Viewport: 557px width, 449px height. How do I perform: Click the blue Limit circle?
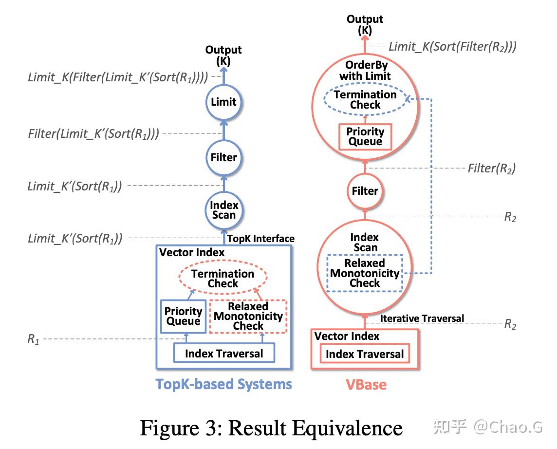(223, 102)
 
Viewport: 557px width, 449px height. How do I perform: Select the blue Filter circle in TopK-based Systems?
(223, 157)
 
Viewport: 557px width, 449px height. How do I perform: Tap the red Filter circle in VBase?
(365, 191)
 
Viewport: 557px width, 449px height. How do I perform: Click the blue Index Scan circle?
(223, 210)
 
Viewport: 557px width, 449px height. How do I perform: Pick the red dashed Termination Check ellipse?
(223, 279)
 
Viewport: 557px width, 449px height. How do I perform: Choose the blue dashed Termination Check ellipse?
(365, 99)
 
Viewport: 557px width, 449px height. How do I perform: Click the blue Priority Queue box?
(183, 316)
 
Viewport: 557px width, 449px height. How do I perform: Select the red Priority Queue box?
(365, 136)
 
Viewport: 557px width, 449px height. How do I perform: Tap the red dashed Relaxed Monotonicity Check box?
(248, 316)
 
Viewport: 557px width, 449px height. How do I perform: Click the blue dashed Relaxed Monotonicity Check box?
(365, 273)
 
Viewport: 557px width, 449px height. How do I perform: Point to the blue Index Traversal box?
(224, 354)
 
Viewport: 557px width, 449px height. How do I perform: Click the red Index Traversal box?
(365, 354)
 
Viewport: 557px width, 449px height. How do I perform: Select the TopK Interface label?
(261, 239)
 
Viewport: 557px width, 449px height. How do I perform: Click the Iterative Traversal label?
(422, 318)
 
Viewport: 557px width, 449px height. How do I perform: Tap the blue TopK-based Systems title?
(223, 384)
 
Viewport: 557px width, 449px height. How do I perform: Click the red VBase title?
(366, 385)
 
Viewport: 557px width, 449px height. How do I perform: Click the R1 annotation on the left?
(33, 339)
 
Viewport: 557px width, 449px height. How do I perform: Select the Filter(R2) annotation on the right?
(491, 168)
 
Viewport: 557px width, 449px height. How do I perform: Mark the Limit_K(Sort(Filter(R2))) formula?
(452, 47)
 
